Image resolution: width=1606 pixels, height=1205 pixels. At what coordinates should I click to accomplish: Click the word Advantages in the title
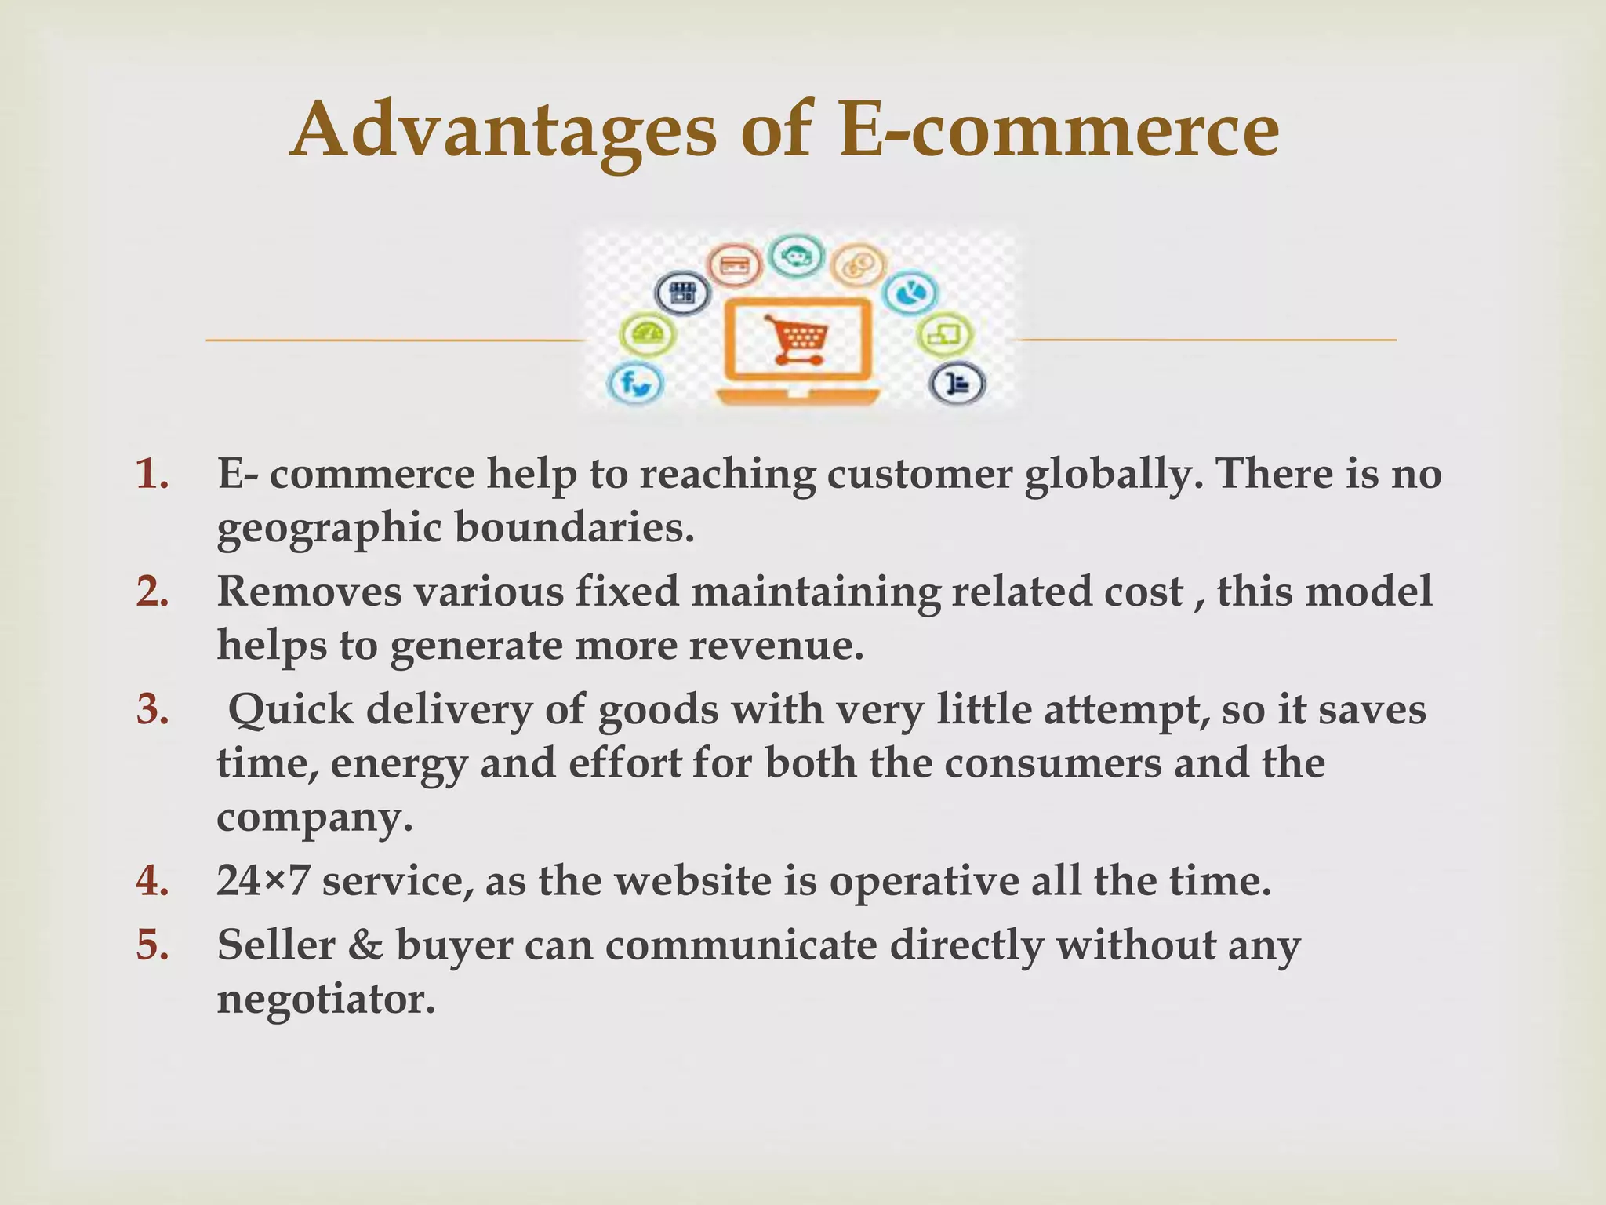(503, 130)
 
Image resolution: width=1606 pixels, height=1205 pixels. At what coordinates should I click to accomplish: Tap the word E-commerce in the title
(1058, 130)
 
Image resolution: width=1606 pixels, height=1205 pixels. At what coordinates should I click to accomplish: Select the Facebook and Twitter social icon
(636, 384)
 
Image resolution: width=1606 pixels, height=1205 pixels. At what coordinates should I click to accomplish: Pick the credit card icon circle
(735, 266)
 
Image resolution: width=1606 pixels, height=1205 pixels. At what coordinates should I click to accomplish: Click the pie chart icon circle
(910, 293)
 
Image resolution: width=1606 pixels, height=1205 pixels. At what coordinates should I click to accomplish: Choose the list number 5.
(152, 945)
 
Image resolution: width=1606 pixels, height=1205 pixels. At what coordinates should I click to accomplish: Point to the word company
(314, 817)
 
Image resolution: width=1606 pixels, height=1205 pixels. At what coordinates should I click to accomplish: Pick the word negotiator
(325, 999)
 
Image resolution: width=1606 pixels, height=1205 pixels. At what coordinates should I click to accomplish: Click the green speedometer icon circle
(648, 336)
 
